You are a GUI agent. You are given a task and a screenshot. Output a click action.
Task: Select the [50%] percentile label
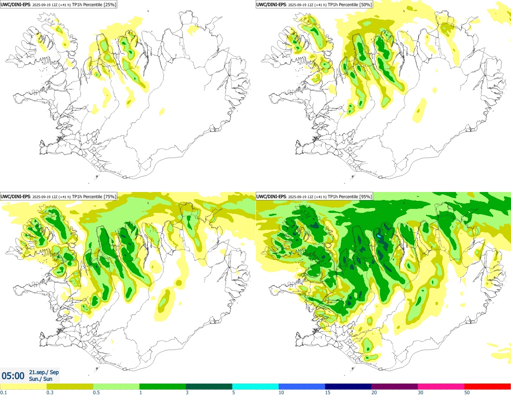click(x=365, y=4)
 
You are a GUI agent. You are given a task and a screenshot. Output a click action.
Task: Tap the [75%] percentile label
click(x=110, y=196)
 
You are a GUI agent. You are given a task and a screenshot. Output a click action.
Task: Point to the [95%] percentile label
click(x=365, y=196)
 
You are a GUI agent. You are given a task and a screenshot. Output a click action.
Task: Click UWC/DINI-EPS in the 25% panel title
click(x=16, y=4)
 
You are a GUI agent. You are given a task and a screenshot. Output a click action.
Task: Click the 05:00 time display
click(x=13, y=376)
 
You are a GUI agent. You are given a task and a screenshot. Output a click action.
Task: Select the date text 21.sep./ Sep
click(x=44, y=372)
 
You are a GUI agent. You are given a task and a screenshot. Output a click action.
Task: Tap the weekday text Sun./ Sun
click(x=40, y=379)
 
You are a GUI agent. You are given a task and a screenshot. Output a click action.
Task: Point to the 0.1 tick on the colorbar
click(x=3, y=392)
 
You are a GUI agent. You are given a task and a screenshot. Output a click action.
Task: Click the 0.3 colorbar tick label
click(x=49, y=392)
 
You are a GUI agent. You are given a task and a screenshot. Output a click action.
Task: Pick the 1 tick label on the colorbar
click(x=140, y=392)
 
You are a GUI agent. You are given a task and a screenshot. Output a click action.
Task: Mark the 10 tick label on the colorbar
click(x=280, y=392)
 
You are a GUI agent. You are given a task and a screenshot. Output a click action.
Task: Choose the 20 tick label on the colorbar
click(x=374, y=392)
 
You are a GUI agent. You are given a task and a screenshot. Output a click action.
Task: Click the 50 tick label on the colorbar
click(x=467, y=392)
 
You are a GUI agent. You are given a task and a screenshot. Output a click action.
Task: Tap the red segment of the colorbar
click(x=487, y=386)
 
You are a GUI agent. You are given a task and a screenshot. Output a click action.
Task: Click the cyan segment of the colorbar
click(x=255, y=386)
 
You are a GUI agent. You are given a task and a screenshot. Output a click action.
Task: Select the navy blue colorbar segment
click(x=348, y=386)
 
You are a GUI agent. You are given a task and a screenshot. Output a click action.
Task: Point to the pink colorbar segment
click(x=441, y=386)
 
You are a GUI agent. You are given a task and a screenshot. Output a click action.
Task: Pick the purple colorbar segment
click(x=395, y=386)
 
